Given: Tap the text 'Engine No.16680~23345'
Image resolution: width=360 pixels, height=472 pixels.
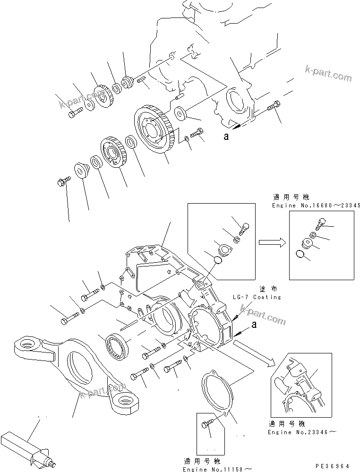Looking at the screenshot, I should (x=317, y=206).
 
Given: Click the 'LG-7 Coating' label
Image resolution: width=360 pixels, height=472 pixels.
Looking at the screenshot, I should (x=257, y=297).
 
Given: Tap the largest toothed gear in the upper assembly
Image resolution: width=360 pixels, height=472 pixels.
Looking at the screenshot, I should (x=154, y=129).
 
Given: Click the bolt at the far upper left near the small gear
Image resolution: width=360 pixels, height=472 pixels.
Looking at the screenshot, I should (x=75, y=113).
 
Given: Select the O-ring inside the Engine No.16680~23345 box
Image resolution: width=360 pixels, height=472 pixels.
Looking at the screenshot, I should (x=299, y=255).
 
